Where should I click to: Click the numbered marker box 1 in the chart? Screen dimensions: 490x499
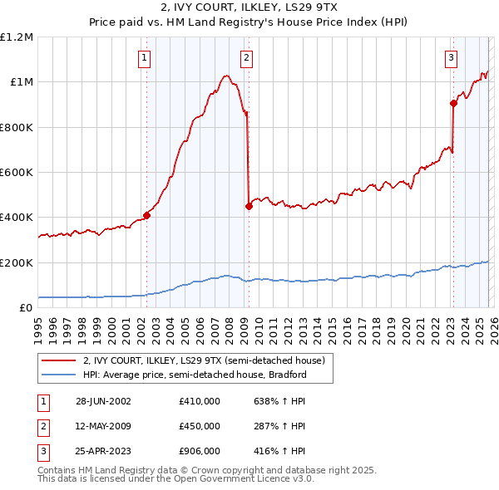pyautogui.click(x=145, y=57)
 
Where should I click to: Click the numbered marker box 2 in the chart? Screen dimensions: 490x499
pyautogui.click(x=247, y=57)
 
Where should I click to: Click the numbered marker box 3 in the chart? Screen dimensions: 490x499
pyautogui.click(x=451, y=57)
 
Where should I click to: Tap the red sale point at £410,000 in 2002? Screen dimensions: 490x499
pyautogui.click(x=146, y=215)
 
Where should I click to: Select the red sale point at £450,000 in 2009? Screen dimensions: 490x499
pyautogui.click(x=249, y=207)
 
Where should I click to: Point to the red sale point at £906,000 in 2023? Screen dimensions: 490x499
pyautogui.click(x=453, y=103)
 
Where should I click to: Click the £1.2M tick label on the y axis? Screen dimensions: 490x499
pyautogui.click(x=17, y=37)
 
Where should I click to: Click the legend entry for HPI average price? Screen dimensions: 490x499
pyautogui.click(x=195, y=375)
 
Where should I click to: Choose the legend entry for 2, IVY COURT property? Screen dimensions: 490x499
pyautogui.click(x=207, y=360)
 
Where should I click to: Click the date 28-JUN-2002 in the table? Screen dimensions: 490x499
pyautogui.click(x=103, y=401)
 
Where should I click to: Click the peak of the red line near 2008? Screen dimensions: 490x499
pyautogui.click(x=225, y=76)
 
